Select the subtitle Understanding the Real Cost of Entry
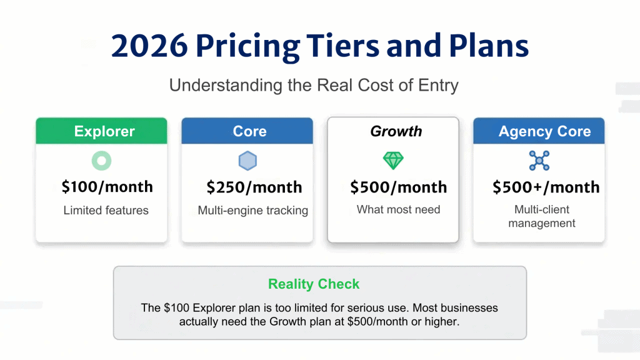click(314, 86)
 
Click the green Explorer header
click(101, 131)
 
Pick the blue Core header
click(247, 131)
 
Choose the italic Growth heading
click(393, 131)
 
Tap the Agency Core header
click(539, 131)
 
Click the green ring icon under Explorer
click(101, 161)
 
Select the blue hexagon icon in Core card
click(247, 161)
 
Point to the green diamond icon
click(393, 161)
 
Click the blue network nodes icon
click(539, 161)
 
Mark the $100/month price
click(107, 186)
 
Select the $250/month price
click(254, 187)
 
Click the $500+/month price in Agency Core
click(546, 187)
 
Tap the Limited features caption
click(106, 211)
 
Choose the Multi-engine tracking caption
click(252, 211)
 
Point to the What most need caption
click(398, 209)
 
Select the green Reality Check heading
click(314, 284)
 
